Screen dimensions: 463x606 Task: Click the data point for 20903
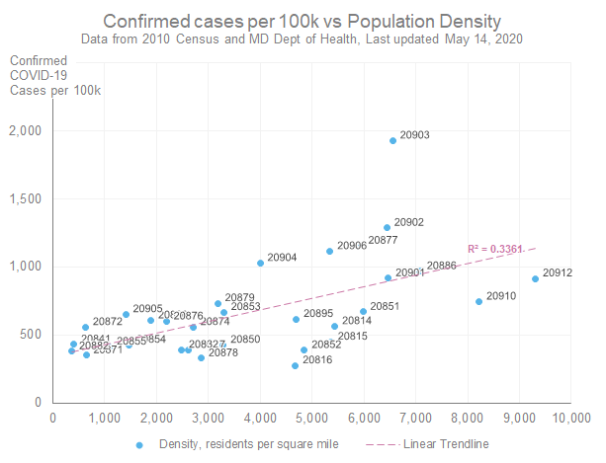(392, 140)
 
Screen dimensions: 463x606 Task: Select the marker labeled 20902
(387, 227)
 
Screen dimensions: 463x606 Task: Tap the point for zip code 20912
(535, 278)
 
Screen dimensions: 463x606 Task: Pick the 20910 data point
(478, 301)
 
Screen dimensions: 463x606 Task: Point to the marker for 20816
(295, 365)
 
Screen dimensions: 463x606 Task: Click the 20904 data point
(260, 263)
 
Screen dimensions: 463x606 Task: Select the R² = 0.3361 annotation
(495, 249)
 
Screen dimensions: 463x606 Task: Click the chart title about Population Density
(302, 21)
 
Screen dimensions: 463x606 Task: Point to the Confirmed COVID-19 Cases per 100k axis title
(55, 75)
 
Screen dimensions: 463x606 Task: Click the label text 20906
(352, 246)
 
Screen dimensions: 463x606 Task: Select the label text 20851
(385, 307)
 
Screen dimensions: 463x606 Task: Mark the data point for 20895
(295, 319)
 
